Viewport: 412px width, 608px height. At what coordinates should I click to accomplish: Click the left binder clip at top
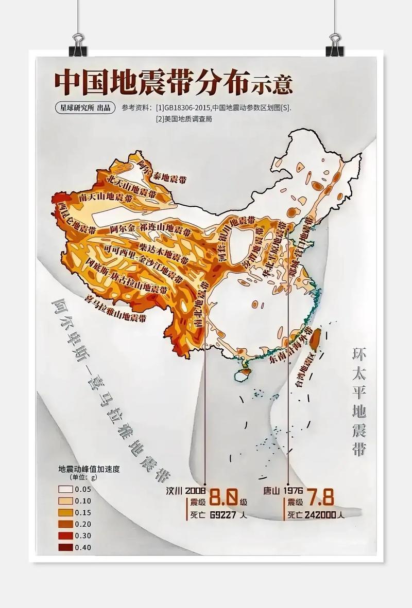pyautogui.click(x=78, y=45)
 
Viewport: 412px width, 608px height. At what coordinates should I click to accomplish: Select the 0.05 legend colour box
pyautogui.click(x=65, y=489)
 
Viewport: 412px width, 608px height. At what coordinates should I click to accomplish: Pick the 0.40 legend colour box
pyautogui.click(x=65, y=547)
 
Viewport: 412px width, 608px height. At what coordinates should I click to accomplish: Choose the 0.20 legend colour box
pyautogui.click(x=65, y=524)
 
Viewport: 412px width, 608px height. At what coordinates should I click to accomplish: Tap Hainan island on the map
pyautogui.click(x=244, y=371)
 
